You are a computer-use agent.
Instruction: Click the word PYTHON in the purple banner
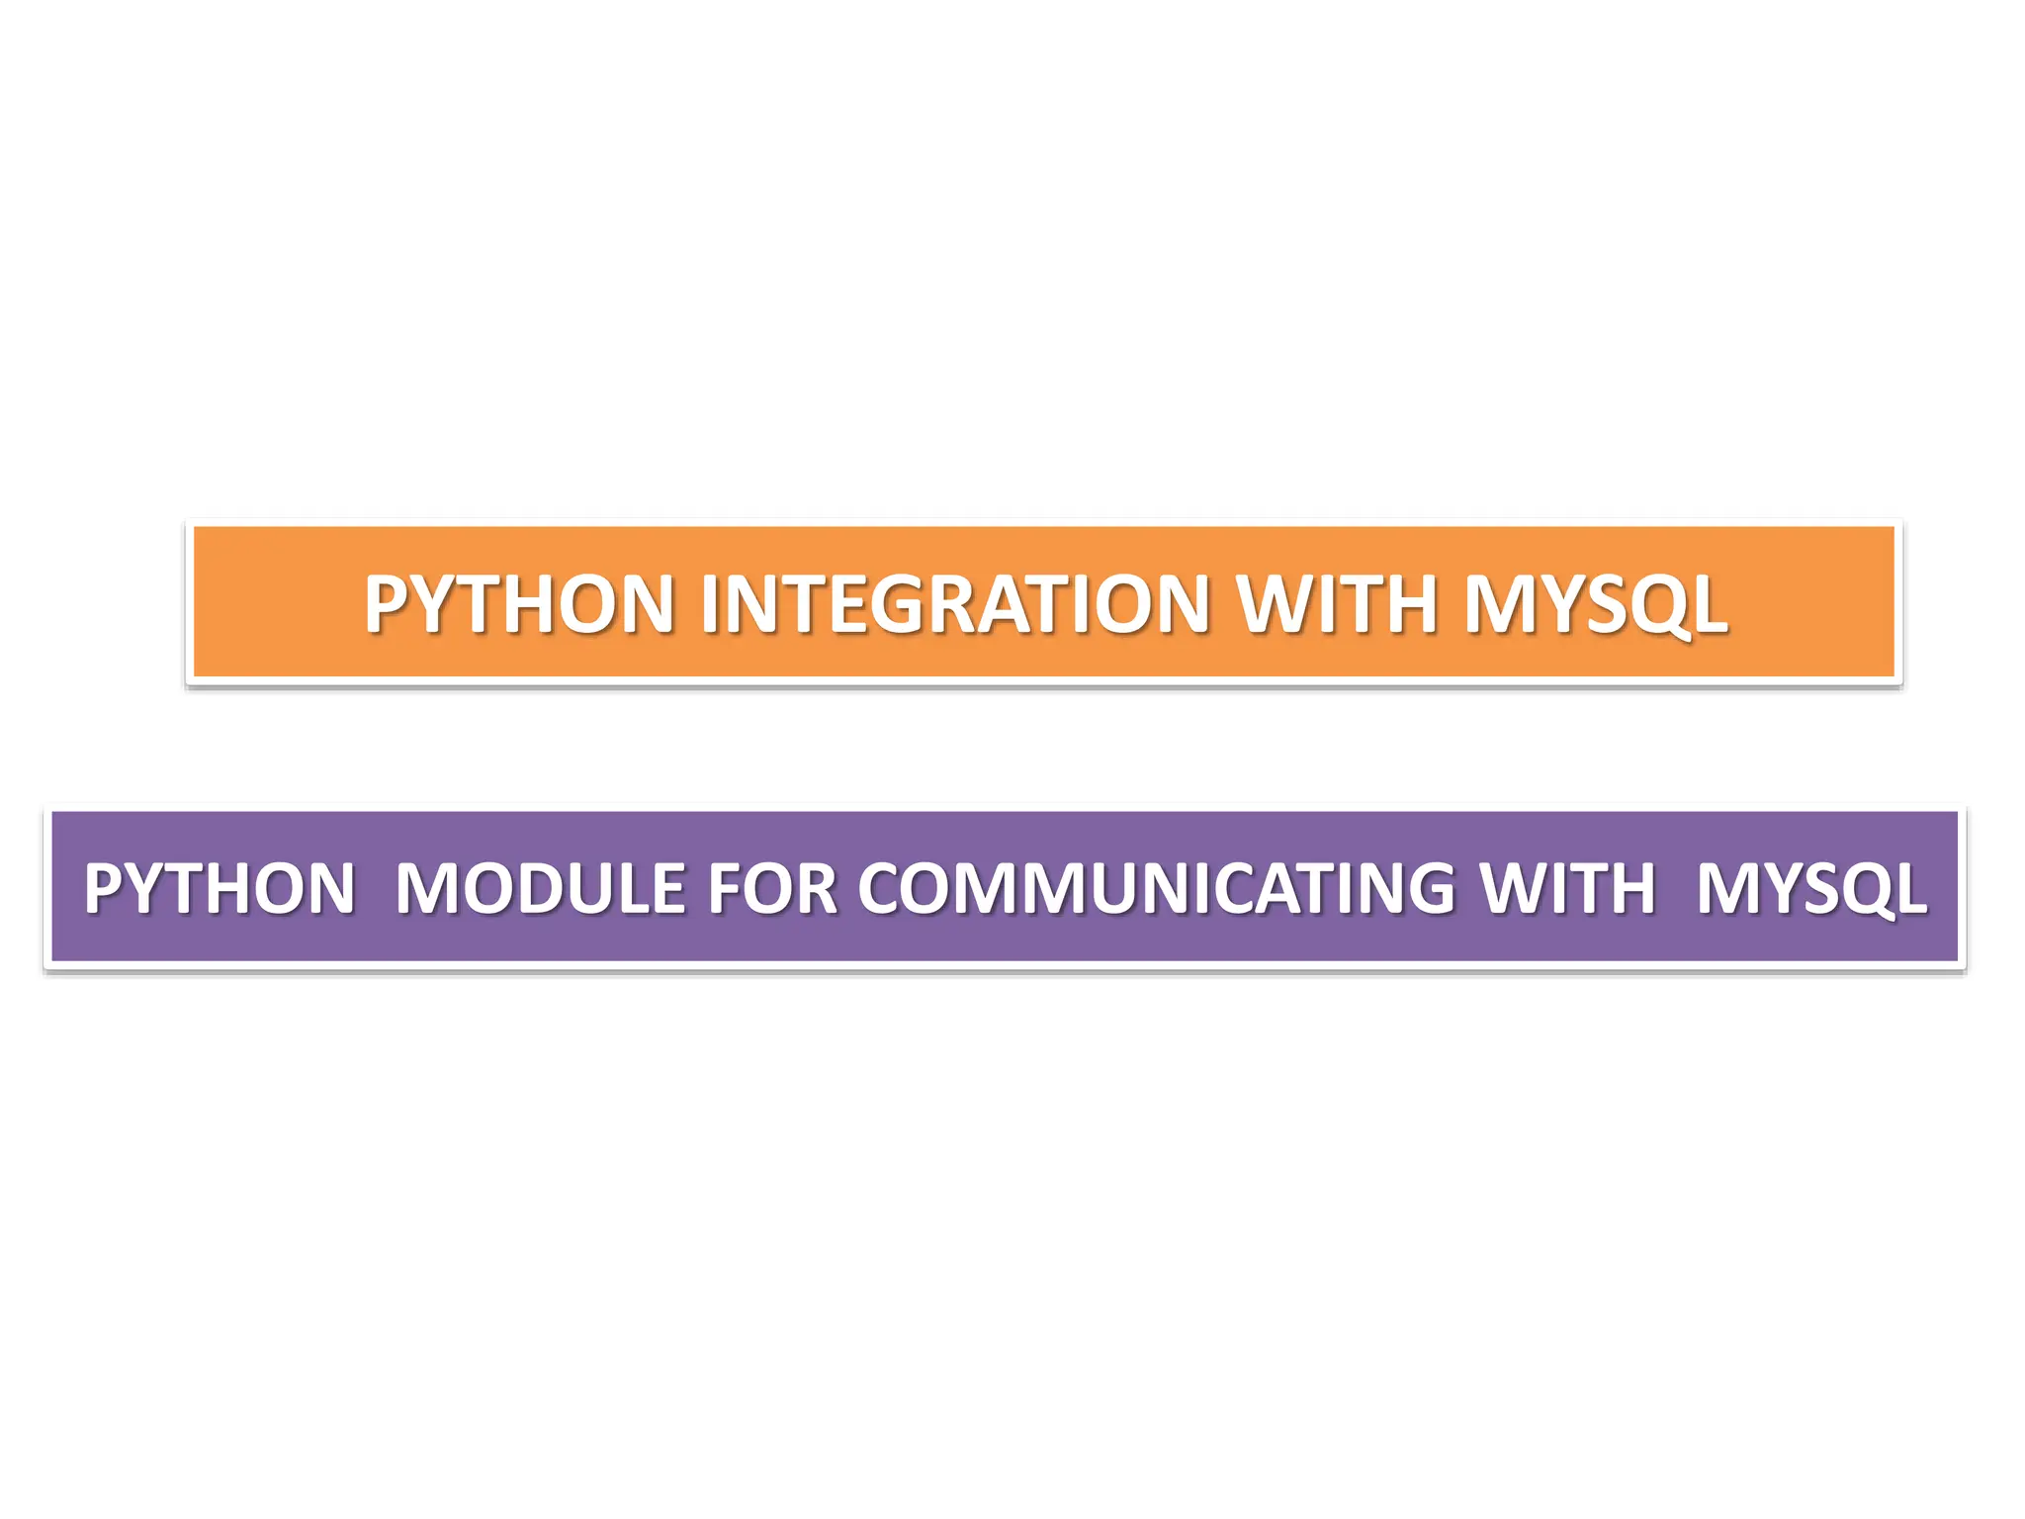(x=220, y=888)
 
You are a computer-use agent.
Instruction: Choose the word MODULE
(x=540, y=888)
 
